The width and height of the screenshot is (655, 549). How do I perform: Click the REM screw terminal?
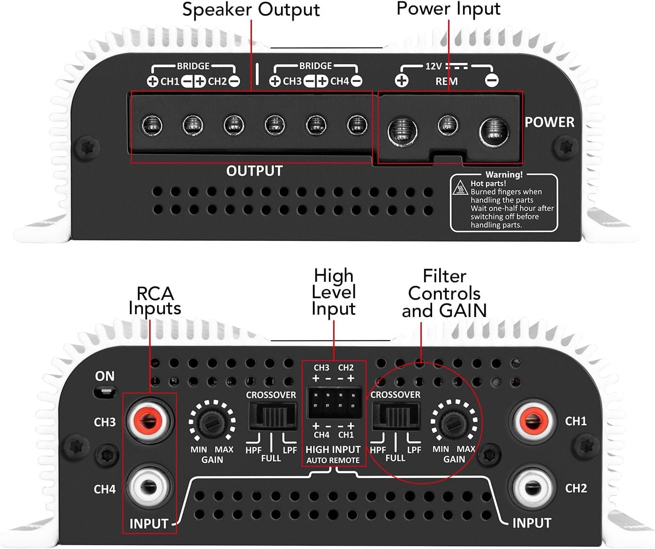click(x=447, y=125)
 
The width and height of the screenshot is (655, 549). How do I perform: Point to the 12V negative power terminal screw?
click(x=494, y=130)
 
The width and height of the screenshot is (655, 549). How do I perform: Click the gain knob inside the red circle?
click(x=454, y=422)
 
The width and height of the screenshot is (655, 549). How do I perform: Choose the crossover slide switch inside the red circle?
click(x=395, y=416)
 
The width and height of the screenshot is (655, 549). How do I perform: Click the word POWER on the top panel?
click(x=549, y=122)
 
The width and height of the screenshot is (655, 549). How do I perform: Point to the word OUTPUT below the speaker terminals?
click(x=254, y=170)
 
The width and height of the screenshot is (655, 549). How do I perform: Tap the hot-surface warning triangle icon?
click(x=460, y=189)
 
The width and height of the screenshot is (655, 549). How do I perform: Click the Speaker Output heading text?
click(x=251, y=9)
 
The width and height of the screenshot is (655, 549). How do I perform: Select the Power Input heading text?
click(x=448, y=8)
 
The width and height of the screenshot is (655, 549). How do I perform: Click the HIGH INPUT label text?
click(x=333, y=449)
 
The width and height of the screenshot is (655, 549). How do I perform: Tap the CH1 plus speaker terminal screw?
click(x=152, y=125)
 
